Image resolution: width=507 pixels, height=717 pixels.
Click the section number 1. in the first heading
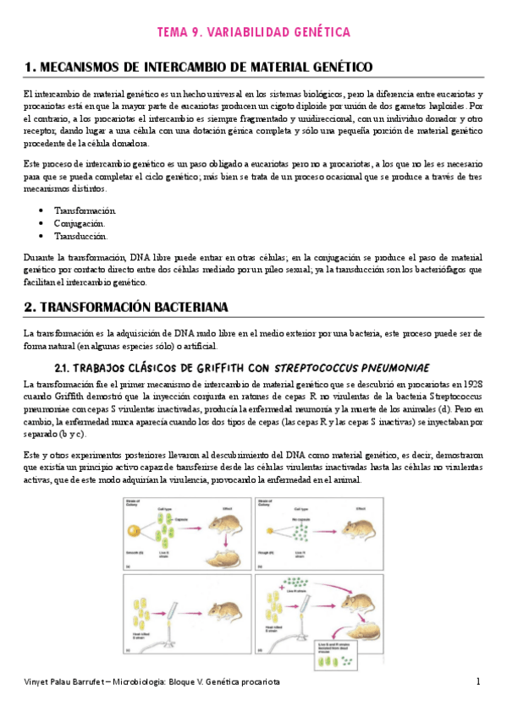30,66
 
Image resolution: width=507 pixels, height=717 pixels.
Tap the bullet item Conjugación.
80,223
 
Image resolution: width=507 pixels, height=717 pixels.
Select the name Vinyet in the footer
39,681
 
